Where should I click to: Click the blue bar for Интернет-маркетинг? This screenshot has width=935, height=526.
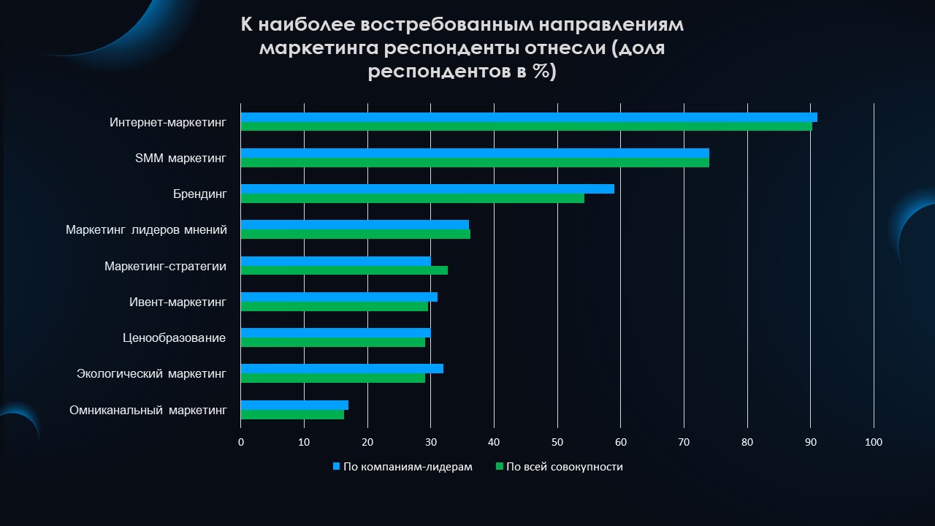pyautogui.click(x=529, y=118)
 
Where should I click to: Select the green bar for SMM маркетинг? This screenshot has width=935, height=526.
pyautogui.click(x=475, y=162)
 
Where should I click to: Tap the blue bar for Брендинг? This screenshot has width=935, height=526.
pyautogui.click(x=427, y=189)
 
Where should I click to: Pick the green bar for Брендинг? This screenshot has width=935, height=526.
pyautogui.click(x=413, y=198)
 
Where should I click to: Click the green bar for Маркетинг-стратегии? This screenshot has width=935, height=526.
pyautogui.click(x=344, y=270)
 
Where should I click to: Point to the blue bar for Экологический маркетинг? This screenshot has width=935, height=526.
pyautogui.click(x=342, y=369)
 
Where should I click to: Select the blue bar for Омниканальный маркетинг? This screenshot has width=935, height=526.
pyautogui.click(x=294, y=405)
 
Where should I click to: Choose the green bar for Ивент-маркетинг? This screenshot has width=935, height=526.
pyautogui.click(x=335, y=306)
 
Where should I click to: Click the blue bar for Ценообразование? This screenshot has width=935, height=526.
pyautogui.click(x=335, y=332)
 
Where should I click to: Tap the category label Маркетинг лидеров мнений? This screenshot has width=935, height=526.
pyautogui.click(x=147, y=230)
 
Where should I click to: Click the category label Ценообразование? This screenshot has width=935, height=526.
pyautogui.click(x=174, y=338)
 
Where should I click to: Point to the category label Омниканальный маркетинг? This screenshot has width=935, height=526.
pyautogui.click(x=148, y=411)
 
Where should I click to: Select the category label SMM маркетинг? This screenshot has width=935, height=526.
pyautogui.click(x=180, y=159)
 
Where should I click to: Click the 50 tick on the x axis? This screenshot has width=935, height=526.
pyautogui.click(x=557, y=443)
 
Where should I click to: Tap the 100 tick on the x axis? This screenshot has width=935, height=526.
pyautogui.click(x=874, y=443)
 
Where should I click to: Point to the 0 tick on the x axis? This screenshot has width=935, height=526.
pyautogui.click(x=241, y=443)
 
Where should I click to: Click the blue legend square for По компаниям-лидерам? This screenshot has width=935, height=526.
pyautogui.click(x=337, y=466)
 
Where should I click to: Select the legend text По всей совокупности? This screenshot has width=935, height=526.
pyautogui.click(x=565, y=467)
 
